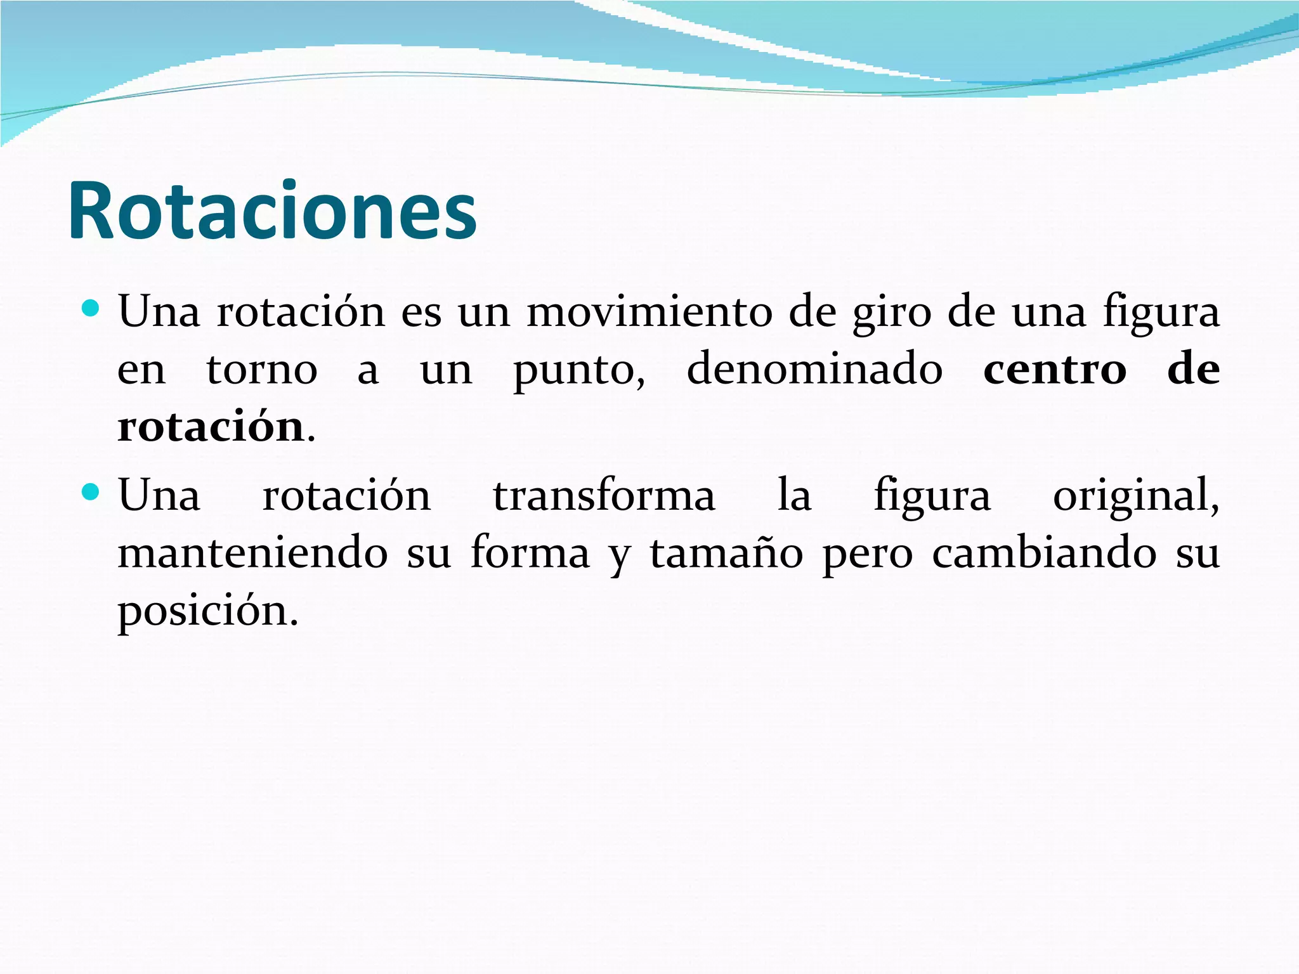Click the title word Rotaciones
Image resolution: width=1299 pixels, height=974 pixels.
point(273,211)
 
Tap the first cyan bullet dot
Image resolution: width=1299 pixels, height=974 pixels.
point(91,309)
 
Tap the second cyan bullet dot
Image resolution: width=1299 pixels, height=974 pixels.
point(91,492)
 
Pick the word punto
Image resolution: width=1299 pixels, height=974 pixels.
point(578,370)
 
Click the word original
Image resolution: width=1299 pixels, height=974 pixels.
point(1135,497)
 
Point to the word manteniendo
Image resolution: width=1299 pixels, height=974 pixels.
point(253,552)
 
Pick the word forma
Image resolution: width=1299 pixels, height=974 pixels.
point(530,552)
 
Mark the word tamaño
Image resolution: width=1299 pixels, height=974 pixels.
point(726,552)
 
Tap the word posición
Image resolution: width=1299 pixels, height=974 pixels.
point(207,611)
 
